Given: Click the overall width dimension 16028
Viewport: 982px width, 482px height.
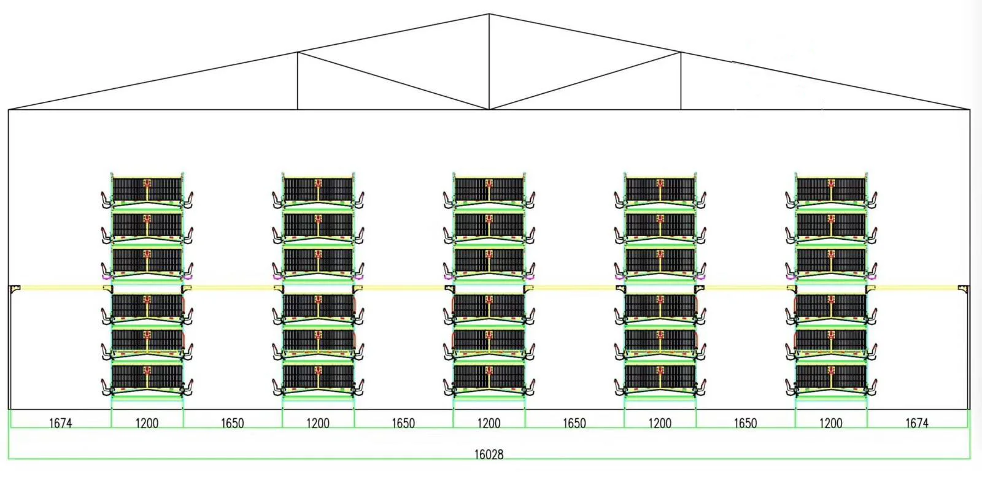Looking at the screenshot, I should pos(489,454).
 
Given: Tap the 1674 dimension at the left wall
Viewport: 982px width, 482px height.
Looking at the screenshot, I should pos(60,423).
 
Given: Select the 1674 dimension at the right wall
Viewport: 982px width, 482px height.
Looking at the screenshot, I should pos(916,423).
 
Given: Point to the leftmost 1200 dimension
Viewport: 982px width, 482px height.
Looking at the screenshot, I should pos(147,423).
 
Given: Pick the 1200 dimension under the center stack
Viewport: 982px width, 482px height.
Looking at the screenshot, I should pos(489,423).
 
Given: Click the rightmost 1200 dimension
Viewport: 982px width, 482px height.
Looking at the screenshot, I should pos(830,423).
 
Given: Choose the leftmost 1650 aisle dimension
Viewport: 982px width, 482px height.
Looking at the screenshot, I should pos(232,423).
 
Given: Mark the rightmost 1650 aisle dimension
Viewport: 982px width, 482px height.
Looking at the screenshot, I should pos(745,423).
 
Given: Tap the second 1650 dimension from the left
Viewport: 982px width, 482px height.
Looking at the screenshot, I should pos(403,423).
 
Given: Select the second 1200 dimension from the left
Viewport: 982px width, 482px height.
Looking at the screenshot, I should pos(318,423).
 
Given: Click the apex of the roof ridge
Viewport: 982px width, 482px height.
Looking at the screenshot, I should pos(489,14).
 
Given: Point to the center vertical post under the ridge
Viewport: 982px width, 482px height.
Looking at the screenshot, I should pos(489,61).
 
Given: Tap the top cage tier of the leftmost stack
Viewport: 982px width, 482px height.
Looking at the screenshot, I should pos(147,190).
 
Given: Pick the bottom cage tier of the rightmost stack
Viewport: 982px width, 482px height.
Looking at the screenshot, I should pos(831,379).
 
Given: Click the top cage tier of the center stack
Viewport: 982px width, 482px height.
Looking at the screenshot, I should pos(489,190).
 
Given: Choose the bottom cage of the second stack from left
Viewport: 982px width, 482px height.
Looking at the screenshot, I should pos(319,379).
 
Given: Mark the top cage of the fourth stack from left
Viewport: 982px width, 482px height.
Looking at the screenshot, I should pos(660,190).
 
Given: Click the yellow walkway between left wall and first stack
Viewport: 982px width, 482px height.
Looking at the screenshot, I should pos(61,287).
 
